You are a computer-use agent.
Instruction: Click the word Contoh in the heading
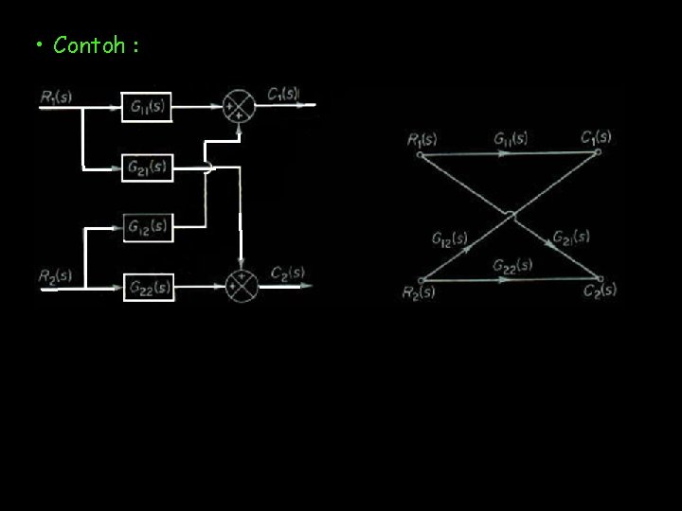[x=89, y=44]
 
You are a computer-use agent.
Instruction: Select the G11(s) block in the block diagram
[x=147, y=107]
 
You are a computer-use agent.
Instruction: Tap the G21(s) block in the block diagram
[x=147, y=167]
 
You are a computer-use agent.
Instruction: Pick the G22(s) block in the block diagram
[x=149, y=286]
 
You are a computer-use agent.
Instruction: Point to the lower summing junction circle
[x=242, y=285]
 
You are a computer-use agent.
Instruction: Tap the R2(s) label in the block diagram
[x=55, y=275]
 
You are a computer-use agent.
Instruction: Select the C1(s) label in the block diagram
[x=283, y=94]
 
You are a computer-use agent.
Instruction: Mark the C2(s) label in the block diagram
[x=287, y=273]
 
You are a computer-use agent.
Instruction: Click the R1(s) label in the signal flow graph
[x=422, y=140]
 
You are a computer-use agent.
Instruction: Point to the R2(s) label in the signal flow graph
[x=420, y=292]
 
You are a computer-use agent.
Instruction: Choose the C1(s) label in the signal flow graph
[x=596, y=136]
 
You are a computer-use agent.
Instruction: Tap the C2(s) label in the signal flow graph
[x=600, y=290]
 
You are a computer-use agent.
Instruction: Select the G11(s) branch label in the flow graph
[x=511, y=138]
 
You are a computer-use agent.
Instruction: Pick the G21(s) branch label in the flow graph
[x=571, y=237]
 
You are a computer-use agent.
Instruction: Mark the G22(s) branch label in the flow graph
[x=511, y=265]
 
